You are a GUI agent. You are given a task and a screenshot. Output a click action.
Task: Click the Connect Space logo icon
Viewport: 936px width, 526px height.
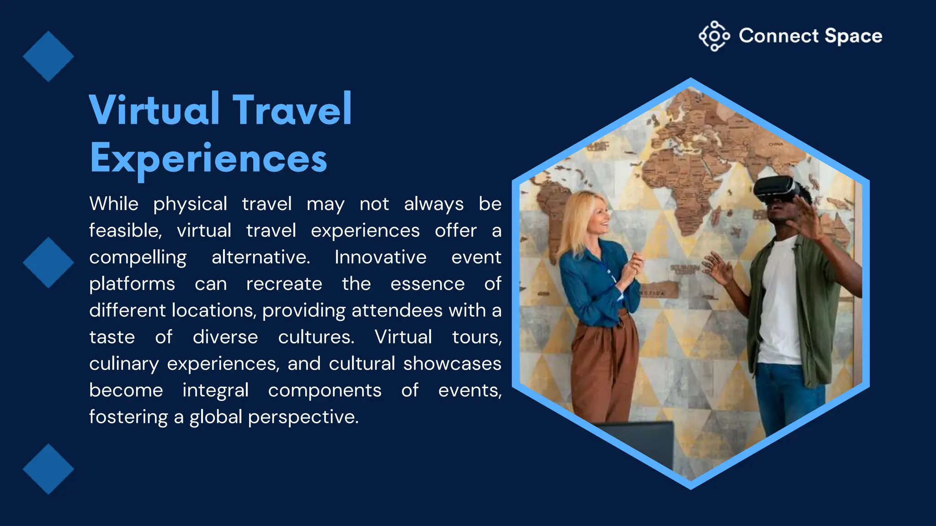(714, 36)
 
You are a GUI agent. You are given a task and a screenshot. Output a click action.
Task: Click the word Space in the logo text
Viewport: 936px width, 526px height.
(853, 36)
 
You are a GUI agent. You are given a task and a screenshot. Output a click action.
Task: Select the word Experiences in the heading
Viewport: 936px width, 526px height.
(208, 158)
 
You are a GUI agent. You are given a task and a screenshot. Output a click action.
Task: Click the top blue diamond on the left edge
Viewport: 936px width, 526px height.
(48, 57)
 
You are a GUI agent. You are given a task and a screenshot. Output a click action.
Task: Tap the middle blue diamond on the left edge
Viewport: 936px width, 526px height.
(48, 263)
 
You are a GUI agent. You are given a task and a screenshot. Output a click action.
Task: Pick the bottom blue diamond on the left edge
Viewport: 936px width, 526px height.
(48, 469)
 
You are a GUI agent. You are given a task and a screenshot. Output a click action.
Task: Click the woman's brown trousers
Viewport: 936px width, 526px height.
(603, 365)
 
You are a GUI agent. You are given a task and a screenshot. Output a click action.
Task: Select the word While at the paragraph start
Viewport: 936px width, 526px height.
(114, 204)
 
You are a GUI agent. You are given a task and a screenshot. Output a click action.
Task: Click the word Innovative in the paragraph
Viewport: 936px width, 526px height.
(380, 257)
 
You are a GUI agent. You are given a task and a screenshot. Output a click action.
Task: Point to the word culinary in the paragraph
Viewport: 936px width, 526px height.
(124, 364)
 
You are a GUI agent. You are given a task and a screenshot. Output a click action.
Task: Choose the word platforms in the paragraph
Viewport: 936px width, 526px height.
(132, 284)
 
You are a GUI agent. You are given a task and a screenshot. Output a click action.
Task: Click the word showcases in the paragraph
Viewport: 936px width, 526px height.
(452, 364)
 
